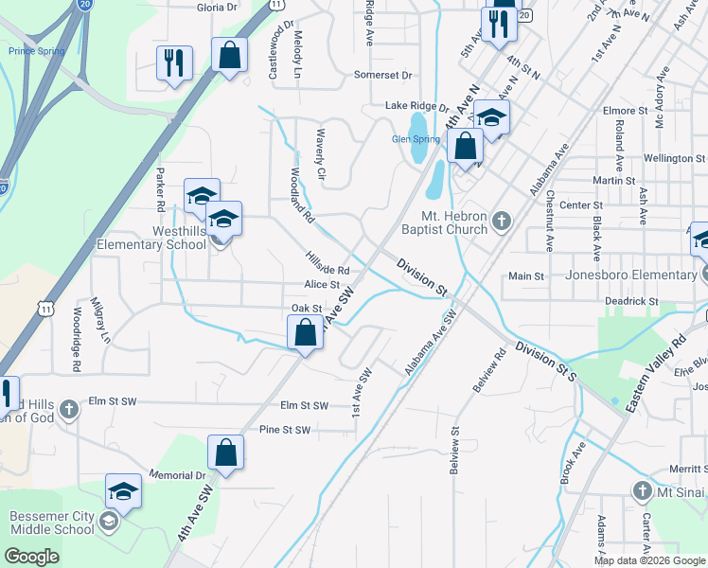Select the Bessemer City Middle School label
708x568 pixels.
52,523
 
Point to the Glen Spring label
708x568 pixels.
416,139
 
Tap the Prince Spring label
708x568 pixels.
37,50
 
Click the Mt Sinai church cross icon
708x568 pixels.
642,490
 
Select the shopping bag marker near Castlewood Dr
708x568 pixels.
229,55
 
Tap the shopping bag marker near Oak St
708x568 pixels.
305,332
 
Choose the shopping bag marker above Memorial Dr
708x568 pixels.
226,453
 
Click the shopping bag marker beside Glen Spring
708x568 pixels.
465,147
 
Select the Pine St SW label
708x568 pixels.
285,430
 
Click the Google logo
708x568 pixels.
31,557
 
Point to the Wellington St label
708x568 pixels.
675,158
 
